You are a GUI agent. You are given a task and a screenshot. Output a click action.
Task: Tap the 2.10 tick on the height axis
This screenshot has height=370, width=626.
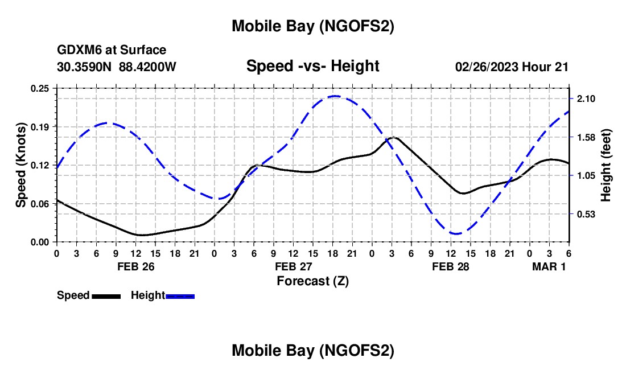586,99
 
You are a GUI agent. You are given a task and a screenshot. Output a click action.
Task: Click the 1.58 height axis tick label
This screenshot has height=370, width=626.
586,137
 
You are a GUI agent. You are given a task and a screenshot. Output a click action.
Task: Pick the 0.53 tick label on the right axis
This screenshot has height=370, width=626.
586,214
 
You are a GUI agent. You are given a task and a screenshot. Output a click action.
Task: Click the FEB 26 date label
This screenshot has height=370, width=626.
135,266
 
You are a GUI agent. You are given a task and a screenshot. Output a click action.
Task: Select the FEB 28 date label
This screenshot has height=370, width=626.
451,266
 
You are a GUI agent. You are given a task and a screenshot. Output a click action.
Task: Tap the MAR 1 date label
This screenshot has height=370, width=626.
549,266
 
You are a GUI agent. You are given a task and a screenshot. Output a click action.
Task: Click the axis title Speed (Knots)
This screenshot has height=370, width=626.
20,165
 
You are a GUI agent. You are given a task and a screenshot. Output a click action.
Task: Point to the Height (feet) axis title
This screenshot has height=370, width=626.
606,165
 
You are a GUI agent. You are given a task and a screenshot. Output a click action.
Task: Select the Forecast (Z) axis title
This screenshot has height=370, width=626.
312,280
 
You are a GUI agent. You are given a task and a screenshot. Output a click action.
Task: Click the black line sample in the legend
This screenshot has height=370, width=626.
106,296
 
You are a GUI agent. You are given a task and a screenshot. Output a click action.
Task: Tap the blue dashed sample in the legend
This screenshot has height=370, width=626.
180,296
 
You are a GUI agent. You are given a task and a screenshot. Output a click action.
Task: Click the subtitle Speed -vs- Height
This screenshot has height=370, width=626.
312,66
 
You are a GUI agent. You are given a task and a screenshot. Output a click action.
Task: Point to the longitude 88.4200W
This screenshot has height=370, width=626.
148,67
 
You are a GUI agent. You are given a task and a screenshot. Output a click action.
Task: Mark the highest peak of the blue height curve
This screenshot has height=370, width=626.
335,96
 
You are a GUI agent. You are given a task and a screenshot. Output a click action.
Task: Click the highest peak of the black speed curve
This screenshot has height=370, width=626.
394,137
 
